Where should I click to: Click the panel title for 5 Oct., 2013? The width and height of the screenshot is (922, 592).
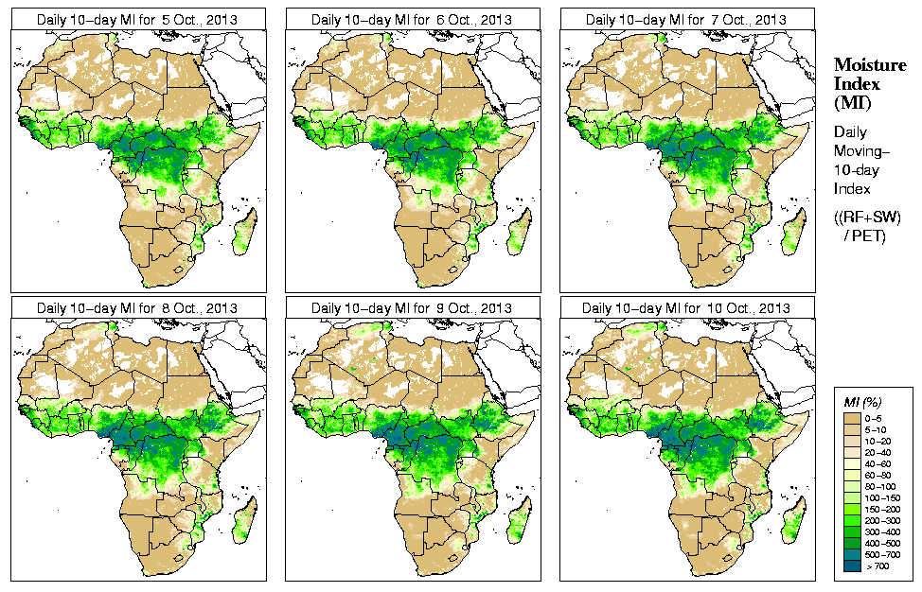tap(137, 19)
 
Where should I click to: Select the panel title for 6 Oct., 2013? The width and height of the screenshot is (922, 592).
tap(412, 19)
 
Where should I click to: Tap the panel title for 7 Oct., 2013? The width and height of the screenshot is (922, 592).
tap(686, 19)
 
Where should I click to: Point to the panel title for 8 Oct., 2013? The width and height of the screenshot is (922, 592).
tap(137, 308)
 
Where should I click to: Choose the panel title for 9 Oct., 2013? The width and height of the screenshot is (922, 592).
tap(412, 308)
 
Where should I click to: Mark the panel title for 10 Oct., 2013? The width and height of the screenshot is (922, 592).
tap(686, 308)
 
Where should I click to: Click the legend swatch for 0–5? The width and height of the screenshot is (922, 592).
tap(854, 416)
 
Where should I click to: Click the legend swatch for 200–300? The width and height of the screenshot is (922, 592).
tap(854, 518)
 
